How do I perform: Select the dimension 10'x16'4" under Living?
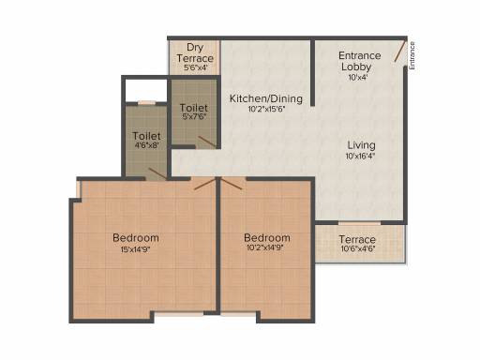361,157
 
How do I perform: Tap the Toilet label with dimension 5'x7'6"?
194,109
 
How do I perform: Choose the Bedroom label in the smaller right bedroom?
266,237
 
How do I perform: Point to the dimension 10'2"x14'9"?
266,249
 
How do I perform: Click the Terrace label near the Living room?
357,240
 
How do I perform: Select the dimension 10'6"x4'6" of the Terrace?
357,251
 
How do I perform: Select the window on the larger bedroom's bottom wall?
179,314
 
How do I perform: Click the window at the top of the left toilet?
147,101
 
